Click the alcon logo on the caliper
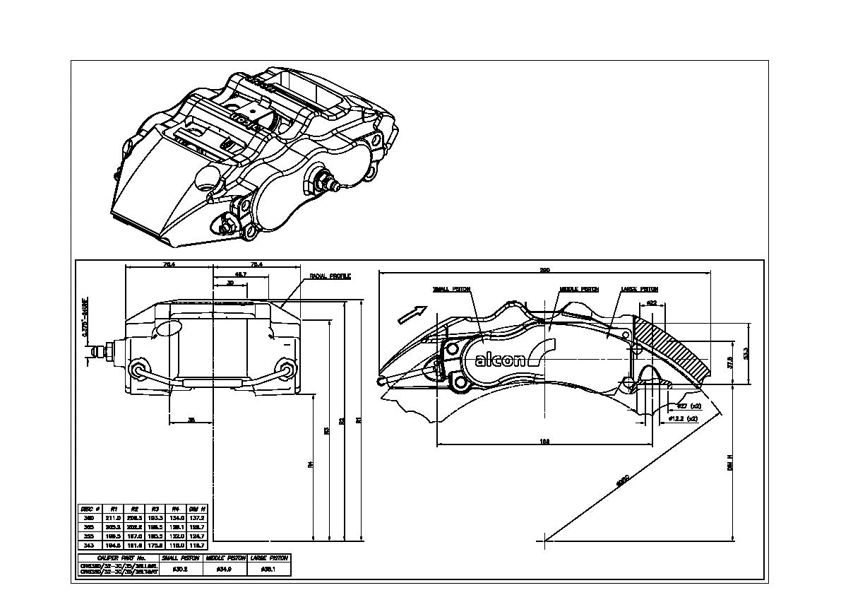(x=500, y=360)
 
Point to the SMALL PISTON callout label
(x=452, y=289)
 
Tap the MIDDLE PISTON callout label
(x=578, y=289)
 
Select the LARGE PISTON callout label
(x=639, y=289)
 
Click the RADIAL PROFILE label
(x=330, y=276)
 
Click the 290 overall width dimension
(x=544, y=269)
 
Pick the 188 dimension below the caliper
(x=544, y=442)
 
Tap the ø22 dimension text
(x=651, y=303)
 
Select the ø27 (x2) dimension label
(x=689, y=406)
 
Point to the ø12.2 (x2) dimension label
(x=684, y=418)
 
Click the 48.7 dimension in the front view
(x=241, y=274)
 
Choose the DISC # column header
(x=90, y=508)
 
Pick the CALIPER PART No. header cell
(x=118, y=558)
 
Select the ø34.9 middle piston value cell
(x=224, y=568)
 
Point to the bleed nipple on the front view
(x=99, y=351)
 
